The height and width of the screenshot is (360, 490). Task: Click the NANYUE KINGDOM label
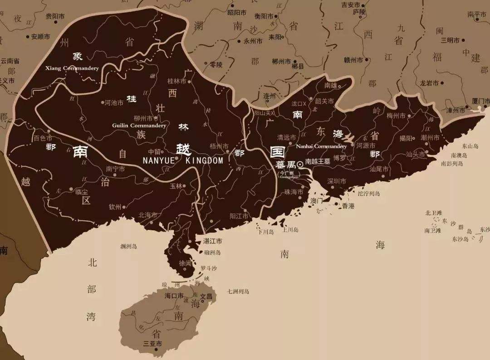(183, 161)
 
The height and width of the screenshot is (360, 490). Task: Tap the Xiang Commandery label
(72, 68)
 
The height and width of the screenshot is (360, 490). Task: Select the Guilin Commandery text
(139, 126)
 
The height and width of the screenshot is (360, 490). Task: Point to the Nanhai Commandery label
(321, 146)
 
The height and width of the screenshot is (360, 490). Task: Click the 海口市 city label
(174, 296)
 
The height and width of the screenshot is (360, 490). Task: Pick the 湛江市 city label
(213, 241)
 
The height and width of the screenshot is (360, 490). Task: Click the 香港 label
(348, 206)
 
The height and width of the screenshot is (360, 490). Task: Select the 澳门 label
(316, 200)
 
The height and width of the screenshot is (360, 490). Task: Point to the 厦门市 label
(480, 101)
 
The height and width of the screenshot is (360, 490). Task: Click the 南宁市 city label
(115, 169)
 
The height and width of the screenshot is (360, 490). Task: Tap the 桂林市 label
(177, 82)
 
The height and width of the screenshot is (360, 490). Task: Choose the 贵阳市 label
(55, 16)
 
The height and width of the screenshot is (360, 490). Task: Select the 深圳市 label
(337, 181)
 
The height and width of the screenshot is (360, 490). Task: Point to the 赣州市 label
(354, 60)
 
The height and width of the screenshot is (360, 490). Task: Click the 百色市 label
(43, 138)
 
